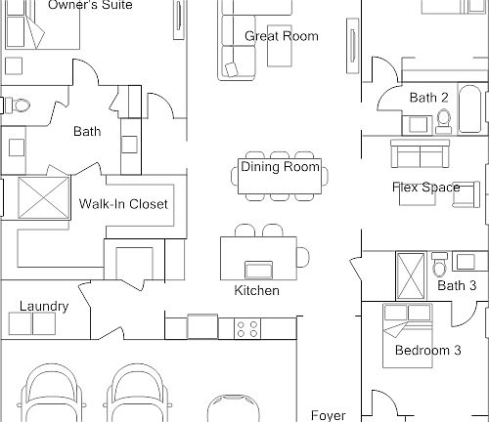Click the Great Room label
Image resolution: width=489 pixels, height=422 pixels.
[282, 36]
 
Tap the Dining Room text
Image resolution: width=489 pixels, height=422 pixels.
[281, 167]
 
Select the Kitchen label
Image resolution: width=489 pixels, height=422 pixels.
[257, 290]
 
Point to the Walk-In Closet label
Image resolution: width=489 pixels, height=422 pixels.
[123, 204]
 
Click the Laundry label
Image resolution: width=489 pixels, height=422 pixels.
[44, 307]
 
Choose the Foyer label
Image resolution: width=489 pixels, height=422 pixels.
[328, 415]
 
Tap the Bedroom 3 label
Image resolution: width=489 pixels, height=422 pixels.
[428, 351]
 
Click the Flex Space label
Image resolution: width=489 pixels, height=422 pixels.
[426, 188]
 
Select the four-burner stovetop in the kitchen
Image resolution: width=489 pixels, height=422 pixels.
[247, 329]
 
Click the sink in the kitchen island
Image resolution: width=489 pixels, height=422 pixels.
[259, 270]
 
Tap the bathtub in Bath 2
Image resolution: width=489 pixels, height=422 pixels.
[469, 108]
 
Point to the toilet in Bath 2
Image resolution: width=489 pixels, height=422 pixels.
[443, 122]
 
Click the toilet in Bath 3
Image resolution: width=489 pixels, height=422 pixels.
[439, 264]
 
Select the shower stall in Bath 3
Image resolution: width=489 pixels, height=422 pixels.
[411, 276]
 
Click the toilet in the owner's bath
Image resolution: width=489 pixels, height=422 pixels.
[17, 105]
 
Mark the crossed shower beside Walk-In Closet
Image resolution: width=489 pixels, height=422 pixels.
[44, 197]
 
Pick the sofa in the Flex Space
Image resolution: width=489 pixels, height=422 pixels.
[421, 153]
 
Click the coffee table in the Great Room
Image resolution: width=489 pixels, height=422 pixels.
[280, 46]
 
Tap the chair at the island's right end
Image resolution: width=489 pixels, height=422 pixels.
[303, 257]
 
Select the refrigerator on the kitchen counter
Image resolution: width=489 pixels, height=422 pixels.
[202, 326]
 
